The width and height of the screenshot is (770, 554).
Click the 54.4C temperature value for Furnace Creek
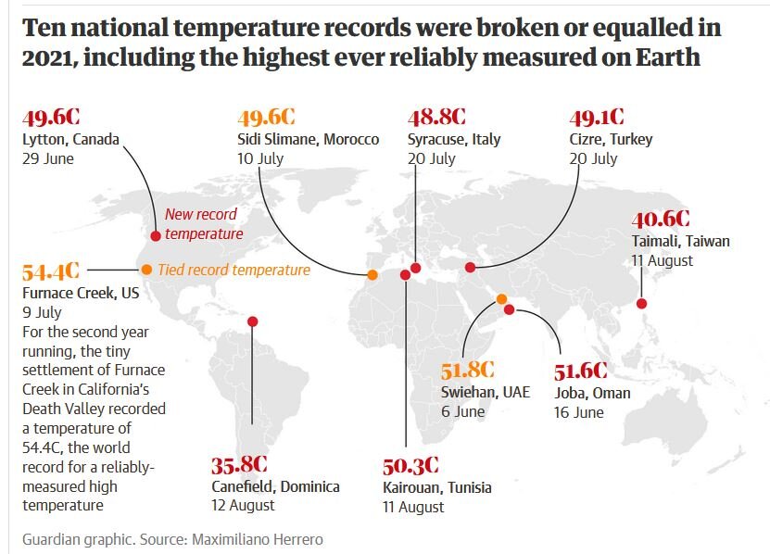click(x=51, y=272)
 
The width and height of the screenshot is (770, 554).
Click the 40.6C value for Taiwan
click(x=661, y=220)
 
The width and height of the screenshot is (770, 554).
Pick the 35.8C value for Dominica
click(x=240, y=464)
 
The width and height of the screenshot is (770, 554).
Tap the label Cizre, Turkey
click(x=611, y=139)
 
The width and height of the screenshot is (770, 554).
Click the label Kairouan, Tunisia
click(x=436, y=487)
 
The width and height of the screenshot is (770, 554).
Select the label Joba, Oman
click(x=592, y=393)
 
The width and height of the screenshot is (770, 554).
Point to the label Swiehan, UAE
click(x=486, y=392)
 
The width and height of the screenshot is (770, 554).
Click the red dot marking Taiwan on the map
click(x=640, y=303)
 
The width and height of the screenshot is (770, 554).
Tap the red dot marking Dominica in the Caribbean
click(x=253, y=321)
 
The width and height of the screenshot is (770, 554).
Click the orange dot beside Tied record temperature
click(x=146, y=270)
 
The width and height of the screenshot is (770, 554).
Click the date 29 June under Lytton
click(x=47, y=158)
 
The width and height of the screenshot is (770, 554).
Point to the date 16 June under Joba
click(x=578, y=412)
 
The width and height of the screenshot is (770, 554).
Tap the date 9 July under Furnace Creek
click(x=42, y=312)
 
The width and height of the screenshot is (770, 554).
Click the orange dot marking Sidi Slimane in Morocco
click(x=372, y=274)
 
